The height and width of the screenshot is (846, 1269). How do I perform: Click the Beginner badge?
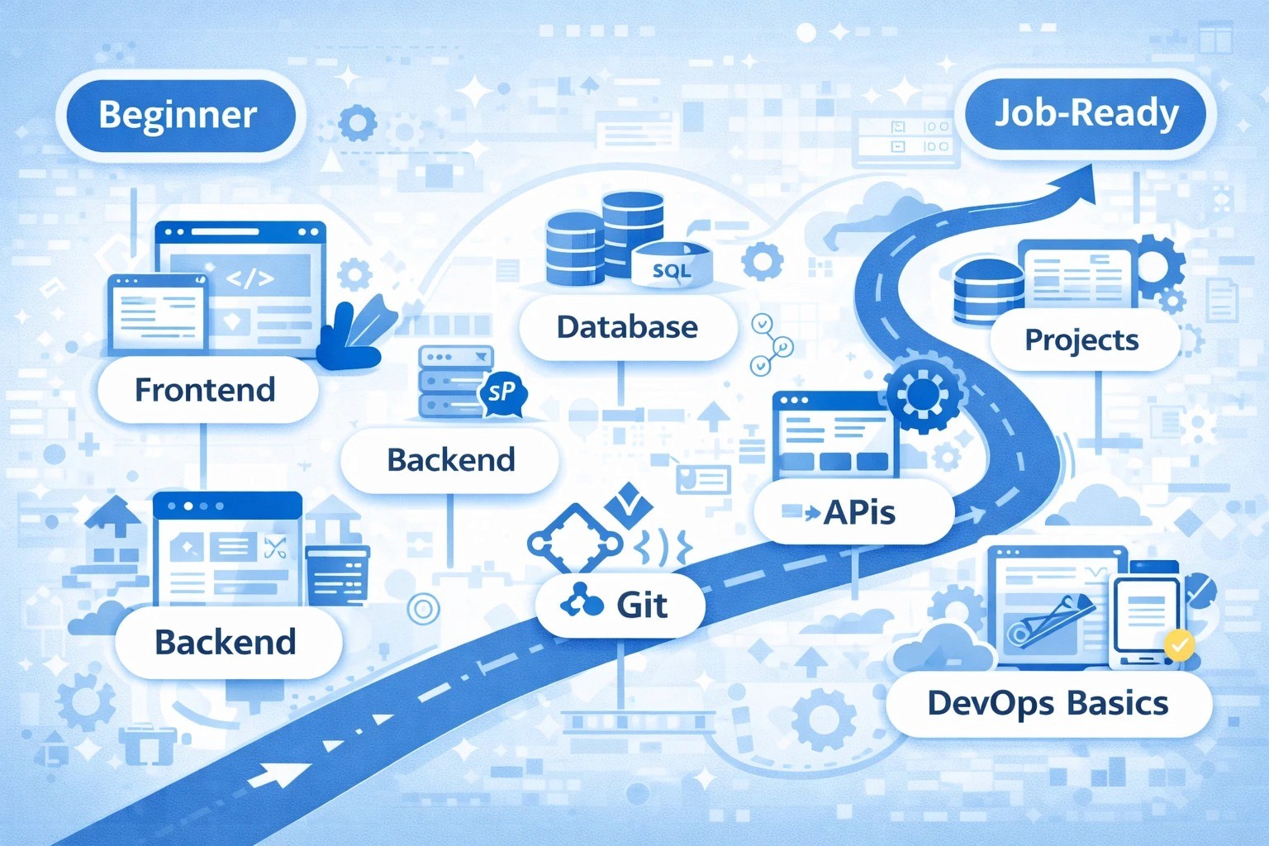[178, 115]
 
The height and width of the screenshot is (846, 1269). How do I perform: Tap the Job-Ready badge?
[1086, 113]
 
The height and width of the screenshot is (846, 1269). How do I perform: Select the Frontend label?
[205, 389]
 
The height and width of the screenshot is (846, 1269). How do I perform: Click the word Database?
[627, 327]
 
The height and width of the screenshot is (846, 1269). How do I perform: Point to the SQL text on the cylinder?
[671, 270]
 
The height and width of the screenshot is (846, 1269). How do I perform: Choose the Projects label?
[1081, 340]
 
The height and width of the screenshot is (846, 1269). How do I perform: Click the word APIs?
[860, 513]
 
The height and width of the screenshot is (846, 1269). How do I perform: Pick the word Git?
[642, 606]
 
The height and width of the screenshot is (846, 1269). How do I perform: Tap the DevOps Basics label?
[1048, 703]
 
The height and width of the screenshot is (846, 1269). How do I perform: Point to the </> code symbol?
[250, 278]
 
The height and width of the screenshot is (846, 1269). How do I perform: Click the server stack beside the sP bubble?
[450, 382]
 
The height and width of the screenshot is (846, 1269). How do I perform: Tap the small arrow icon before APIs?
[801, 513]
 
